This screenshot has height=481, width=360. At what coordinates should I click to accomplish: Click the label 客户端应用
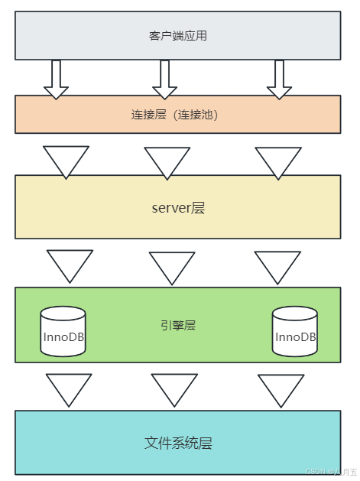(178, 36)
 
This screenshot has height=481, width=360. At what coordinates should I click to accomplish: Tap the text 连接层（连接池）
(174, 115)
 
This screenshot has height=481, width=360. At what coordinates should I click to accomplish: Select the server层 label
(178, 208)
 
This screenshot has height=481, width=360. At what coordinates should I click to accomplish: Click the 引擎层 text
(178, 326)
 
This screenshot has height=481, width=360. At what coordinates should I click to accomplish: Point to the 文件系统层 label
(178, 443)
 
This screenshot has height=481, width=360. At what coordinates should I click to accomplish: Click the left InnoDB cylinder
(63, 331)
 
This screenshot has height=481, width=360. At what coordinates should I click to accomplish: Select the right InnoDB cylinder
(295, 331)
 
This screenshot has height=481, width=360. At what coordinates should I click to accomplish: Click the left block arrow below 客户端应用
(56, 80)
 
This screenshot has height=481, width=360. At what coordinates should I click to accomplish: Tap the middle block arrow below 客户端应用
(164, 80)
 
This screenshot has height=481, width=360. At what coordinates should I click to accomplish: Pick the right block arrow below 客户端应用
(279, 80)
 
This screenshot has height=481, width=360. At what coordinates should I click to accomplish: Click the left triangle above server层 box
(66, 160)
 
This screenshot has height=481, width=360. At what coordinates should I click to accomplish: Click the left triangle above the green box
(70, 264)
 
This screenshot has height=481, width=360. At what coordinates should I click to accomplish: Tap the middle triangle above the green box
(172, 265)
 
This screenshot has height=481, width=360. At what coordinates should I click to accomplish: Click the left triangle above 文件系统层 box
(69, 388)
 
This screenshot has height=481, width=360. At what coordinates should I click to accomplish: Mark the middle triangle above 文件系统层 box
(174, 388)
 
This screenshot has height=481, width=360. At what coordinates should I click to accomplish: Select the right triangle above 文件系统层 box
(281, 388)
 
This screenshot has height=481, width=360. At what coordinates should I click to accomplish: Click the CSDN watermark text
(332, 471)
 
